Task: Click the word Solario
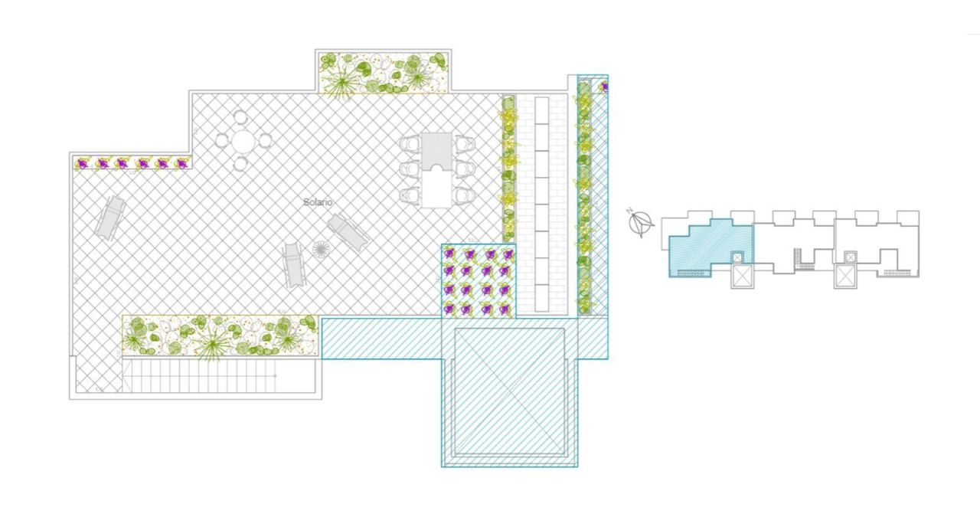coord(318,202)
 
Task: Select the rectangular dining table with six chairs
coord(437,169)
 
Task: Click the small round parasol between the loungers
coord(321,250)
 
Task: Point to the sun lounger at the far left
coord(109,217)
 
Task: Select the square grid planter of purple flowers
coord(479,281)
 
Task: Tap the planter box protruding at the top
coord(384,73)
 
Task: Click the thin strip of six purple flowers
coord(132,163)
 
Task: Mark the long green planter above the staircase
coord(220,336)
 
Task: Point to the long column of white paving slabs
coord(542,204)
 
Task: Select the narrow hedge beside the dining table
coord(508,168)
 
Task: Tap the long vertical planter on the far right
coord(584,198)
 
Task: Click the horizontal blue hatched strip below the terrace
coord(381,339)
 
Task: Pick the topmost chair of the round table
coord(240,117)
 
